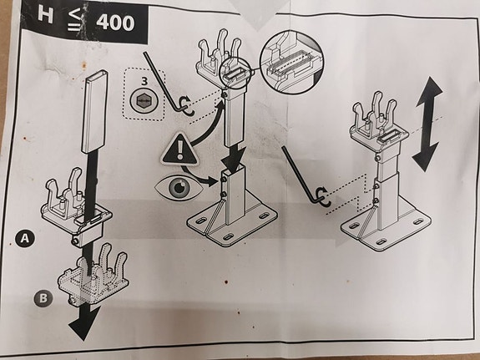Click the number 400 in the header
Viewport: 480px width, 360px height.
115,23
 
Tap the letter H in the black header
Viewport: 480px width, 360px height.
46,15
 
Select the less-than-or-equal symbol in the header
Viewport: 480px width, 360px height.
73,19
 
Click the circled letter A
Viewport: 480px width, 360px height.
25,238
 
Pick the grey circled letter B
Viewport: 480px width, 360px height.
43,298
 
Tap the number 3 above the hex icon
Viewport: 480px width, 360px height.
144,82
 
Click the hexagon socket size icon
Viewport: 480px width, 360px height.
144,101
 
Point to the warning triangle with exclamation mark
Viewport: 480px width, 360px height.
179,149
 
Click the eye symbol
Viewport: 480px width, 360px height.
179,187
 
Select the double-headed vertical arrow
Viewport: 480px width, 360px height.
427,124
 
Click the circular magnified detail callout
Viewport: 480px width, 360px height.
291,62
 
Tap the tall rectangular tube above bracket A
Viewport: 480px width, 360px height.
95,112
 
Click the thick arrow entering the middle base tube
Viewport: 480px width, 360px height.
233,160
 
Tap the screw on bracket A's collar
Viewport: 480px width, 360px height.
75,241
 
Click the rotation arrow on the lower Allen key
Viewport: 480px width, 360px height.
325,196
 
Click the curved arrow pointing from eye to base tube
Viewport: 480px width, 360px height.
199,176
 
